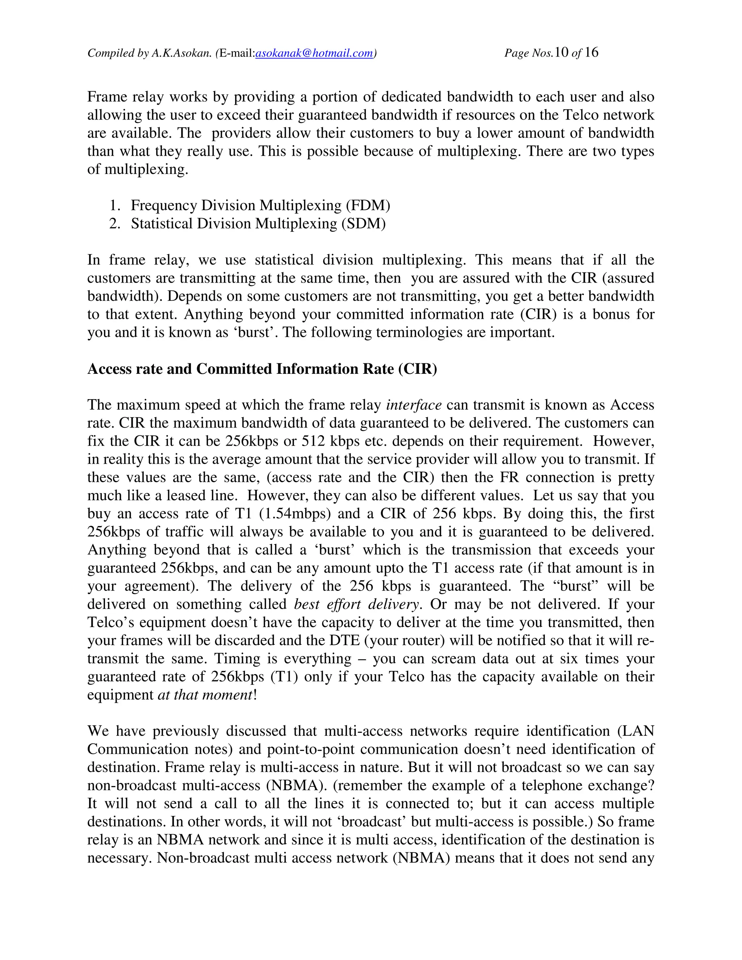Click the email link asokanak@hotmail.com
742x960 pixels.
pos(314,53)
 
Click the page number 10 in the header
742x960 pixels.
pos(561,52)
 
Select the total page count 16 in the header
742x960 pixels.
pos(592,52)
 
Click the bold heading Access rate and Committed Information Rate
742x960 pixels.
pos(262,369)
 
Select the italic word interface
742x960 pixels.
pos(413,405)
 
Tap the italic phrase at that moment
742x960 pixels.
pos(205,694)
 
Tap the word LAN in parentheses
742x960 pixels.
pos(642,731)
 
